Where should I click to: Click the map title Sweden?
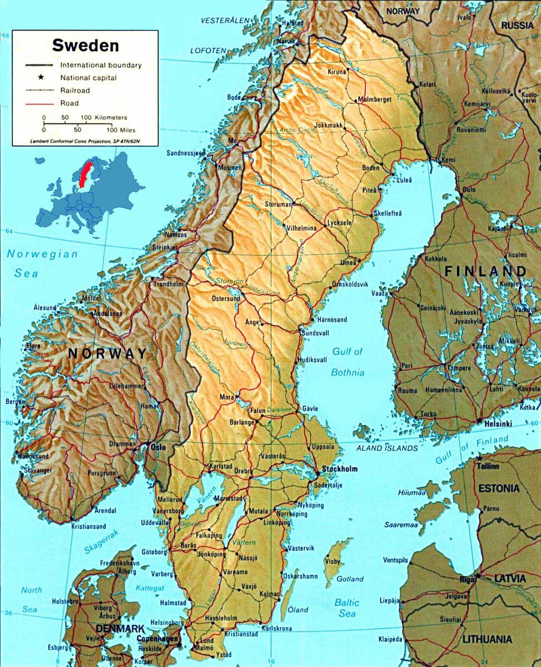85,45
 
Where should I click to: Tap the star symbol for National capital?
41,78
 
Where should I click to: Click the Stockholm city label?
339,469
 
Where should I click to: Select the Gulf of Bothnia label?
348,362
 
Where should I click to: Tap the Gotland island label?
351,579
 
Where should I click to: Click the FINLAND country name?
485,271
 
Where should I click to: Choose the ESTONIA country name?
499,489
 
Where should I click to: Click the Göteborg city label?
155,552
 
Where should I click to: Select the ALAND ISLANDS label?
388,448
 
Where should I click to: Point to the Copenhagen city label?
158,639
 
